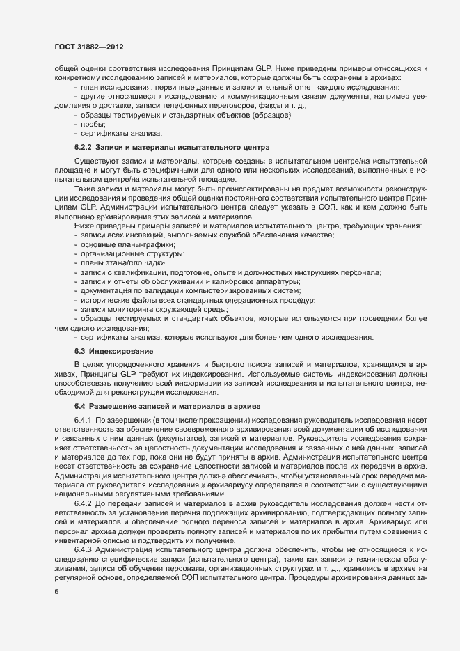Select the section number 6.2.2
click(84, 148)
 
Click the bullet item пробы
click(93, 124)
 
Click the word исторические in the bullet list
click(105, 300)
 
